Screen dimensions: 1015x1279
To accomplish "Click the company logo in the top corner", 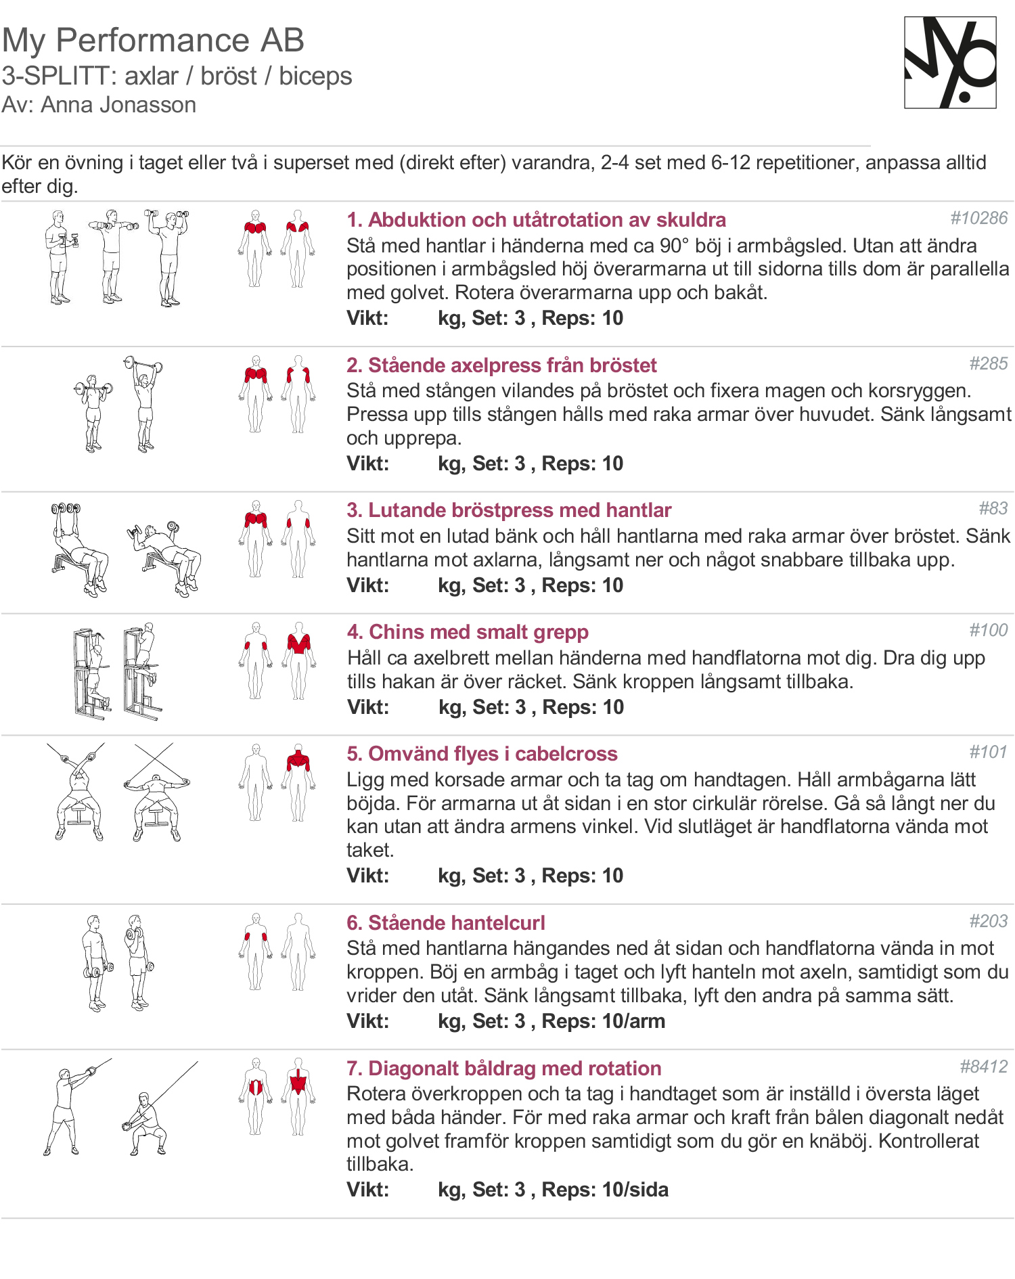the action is (950, 63).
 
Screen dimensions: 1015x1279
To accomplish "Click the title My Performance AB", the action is (153, 41).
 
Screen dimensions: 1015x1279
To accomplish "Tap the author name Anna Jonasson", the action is (118, 105).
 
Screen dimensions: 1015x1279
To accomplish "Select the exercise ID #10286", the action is (978, 218).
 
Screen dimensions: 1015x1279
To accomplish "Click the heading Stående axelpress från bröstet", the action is (501, 365).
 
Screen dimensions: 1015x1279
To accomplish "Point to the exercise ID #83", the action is (993, 508).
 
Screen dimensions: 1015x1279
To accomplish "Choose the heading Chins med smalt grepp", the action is (468, 632).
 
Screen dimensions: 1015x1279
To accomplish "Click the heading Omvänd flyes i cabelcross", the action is (482, 754).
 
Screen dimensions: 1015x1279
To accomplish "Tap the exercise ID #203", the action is (988, 921).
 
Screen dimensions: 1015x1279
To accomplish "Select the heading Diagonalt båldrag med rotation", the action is (503, 1069).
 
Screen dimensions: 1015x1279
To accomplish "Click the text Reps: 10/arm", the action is (604, 1021).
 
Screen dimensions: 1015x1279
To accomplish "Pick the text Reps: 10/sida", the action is (605, 1190).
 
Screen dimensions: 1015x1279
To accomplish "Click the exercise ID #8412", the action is (983, 1067).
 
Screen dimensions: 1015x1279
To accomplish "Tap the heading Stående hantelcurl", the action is (445, 923).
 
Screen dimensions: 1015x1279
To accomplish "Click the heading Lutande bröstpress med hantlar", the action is (509, 510).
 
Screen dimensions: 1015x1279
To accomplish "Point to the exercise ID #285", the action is (988, 363).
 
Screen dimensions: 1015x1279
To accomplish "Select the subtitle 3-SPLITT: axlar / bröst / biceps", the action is (177, 76).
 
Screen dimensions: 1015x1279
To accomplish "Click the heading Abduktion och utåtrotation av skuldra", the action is (536, 220).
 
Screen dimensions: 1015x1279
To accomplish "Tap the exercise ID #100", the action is (988, 630).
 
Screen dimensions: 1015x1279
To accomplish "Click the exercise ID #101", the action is (988, 752).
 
